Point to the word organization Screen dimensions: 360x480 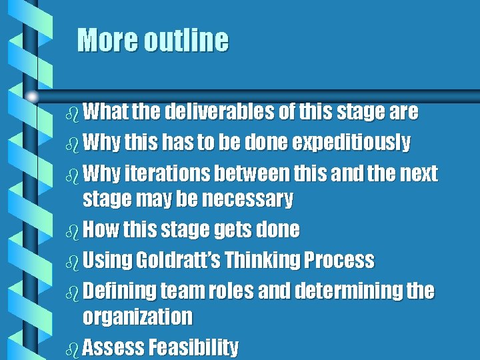tap(137, 316)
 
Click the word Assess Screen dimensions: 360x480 tap(115, 347)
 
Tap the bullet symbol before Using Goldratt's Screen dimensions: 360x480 tap(73, 260)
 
